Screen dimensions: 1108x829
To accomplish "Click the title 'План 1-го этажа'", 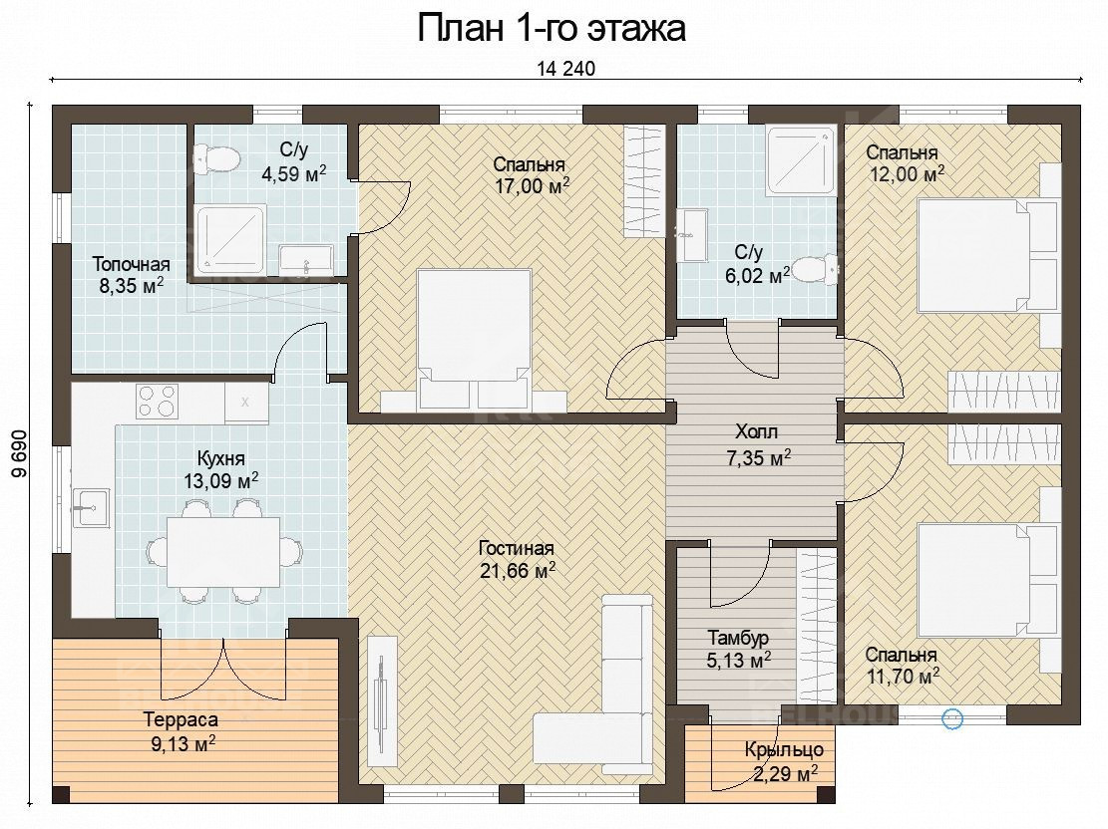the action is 552,29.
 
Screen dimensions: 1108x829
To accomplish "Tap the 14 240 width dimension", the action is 566,69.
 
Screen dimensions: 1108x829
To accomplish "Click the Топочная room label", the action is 132,264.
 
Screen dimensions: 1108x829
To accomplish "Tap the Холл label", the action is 756,431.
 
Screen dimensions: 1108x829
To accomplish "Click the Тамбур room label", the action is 738,639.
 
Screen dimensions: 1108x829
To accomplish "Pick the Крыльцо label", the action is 784,750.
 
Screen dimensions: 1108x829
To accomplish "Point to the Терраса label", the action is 181,720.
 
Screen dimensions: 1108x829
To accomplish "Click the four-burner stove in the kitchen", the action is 157,402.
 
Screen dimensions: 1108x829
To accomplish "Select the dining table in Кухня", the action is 223,551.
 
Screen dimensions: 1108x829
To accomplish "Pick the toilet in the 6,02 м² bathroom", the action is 814,269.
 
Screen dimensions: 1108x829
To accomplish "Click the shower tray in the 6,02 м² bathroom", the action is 801,160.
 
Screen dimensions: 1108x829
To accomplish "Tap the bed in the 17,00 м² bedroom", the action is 474,339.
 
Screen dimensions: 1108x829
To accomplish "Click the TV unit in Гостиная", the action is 382,701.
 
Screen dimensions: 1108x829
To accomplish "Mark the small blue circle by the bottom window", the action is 952,719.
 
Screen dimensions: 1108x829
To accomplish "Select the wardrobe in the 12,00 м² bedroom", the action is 1003,391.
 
